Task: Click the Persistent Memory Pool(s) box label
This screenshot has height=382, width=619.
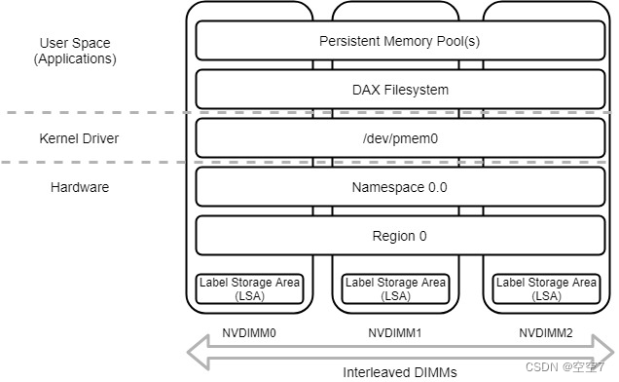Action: coord(399,42)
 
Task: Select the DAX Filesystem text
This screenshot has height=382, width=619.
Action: coord(399,90)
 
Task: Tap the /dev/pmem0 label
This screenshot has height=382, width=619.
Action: coord(399,138)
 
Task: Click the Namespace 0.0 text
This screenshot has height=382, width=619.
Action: coord(399,187)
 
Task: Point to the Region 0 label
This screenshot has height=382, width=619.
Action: coord(399,236)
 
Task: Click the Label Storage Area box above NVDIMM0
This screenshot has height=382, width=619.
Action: coord(250,288)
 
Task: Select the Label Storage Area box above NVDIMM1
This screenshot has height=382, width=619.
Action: coord(394,288)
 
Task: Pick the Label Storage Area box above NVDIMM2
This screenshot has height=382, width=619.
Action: coord(546,288)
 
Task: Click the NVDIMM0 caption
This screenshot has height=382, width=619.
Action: coord(249,332)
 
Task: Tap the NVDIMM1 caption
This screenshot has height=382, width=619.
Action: coord(394,332)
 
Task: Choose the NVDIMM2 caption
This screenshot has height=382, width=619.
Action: coord(546,332)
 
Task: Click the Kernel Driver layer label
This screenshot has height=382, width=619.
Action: coord(78,138)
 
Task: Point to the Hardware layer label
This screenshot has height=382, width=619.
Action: coord(79,187)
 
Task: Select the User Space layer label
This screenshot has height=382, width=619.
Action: coord(75,44)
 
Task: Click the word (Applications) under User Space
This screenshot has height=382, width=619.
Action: coord(75,58)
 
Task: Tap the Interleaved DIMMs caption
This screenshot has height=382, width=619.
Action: coord(399,372)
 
